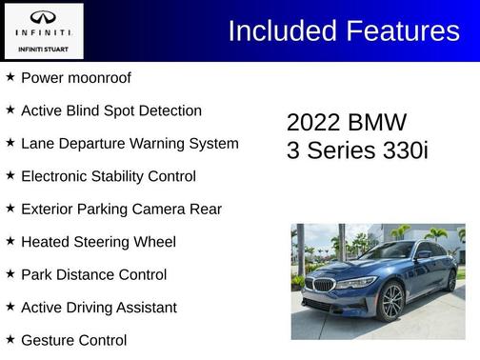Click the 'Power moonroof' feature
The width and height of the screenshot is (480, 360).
[x=75, y=77]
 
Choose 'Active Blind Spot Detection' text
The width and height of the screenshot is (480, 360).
[x=110, y=110]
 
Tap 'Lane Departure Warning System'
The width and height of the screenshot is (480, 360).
[x=130, y=144]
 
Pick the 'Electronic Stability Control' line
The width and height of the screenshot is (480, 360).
[x=108, y=176]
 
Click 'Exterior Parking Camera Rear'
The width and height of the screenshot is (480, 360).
[x=121, y=210]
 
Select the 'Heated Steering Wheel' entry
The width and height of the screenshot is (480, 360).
[x=98, y=242]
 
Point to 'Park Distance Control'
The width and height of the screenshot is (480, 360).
[x=93, y=275]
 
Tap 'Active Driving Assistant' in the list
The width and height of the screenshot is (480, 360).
[x=98, y=308]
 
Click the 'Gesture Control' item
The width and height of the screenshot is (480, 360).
[x=73, y=340]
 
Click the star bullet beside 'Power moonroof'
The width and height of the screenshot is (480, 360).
[x=10, y=76]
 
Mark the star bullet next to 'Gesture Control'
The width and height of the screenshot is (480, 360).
[x=10, y=339]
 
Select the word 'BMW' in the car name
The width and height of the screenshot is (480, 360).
[x=379, y=123]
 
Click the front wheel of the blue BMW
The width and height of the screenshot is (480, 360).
[x=390, y=302]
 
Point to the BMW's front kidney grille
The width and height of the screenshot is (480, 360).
[x=324, y=285]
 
